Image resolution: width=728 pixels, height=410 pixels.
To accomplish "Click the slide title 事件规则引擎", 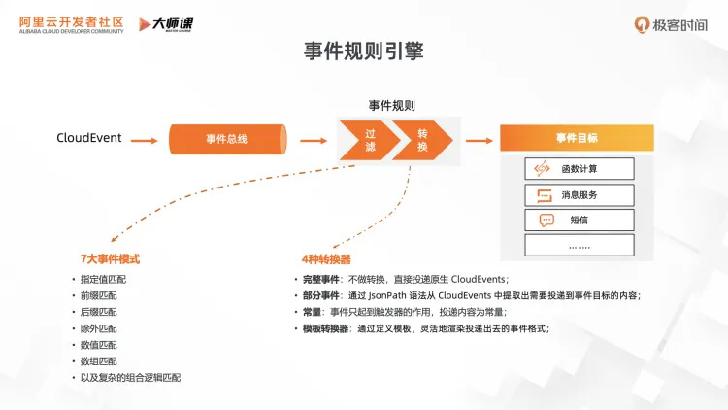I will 363,51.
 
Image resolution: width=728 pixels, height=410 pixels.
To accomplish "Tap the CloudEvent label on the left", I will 89,138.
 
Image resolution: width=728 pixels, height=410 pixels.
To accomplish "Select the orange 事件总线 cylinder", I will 227,139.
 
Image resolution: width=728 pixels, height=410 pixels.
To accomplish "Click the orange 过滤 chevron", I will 367,140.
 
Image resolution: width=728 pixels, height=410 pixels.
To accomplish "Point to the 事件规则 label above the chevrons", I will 392,105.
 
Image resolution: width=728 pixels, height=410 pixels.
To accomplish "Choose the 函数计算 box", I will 579,169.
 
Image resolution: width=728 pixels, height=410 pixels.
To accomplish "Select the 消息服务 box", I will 579,194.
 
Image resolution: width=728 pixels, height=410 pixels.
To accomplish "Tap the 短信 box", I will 579,220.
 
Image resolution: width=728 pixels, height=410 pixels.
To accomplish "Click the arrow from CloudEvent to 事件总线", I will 144,140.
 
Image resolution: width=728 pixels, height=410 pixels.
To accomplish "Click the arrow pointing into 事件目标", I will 479,140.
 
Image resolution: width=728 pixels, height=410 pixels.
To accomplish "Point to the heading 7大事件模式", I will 110,259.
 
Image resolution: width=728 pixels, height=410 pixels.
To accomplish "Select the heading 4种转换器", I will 326,259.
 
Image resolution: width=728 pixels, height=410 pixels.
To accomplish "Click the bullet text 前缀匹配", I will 98,296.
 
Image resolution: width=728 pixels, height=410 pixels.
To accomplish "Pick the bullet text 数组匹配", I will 98,360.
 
